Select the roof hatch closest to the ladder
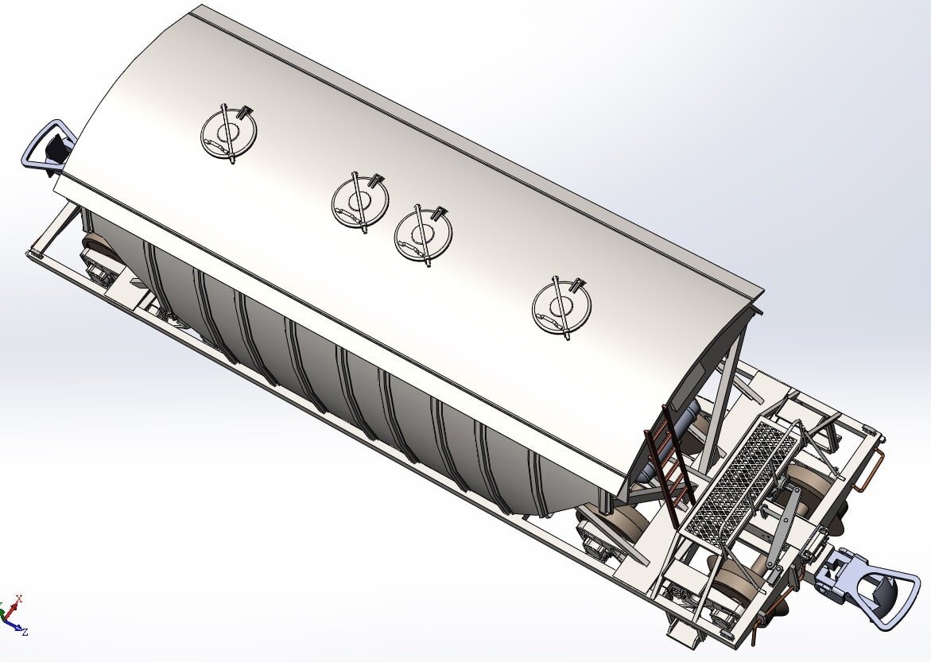click(x=561, y=307)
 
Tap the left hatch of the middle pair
click(x=360, y=202)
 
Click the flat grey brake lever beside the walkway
click(x=781, y=525)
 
